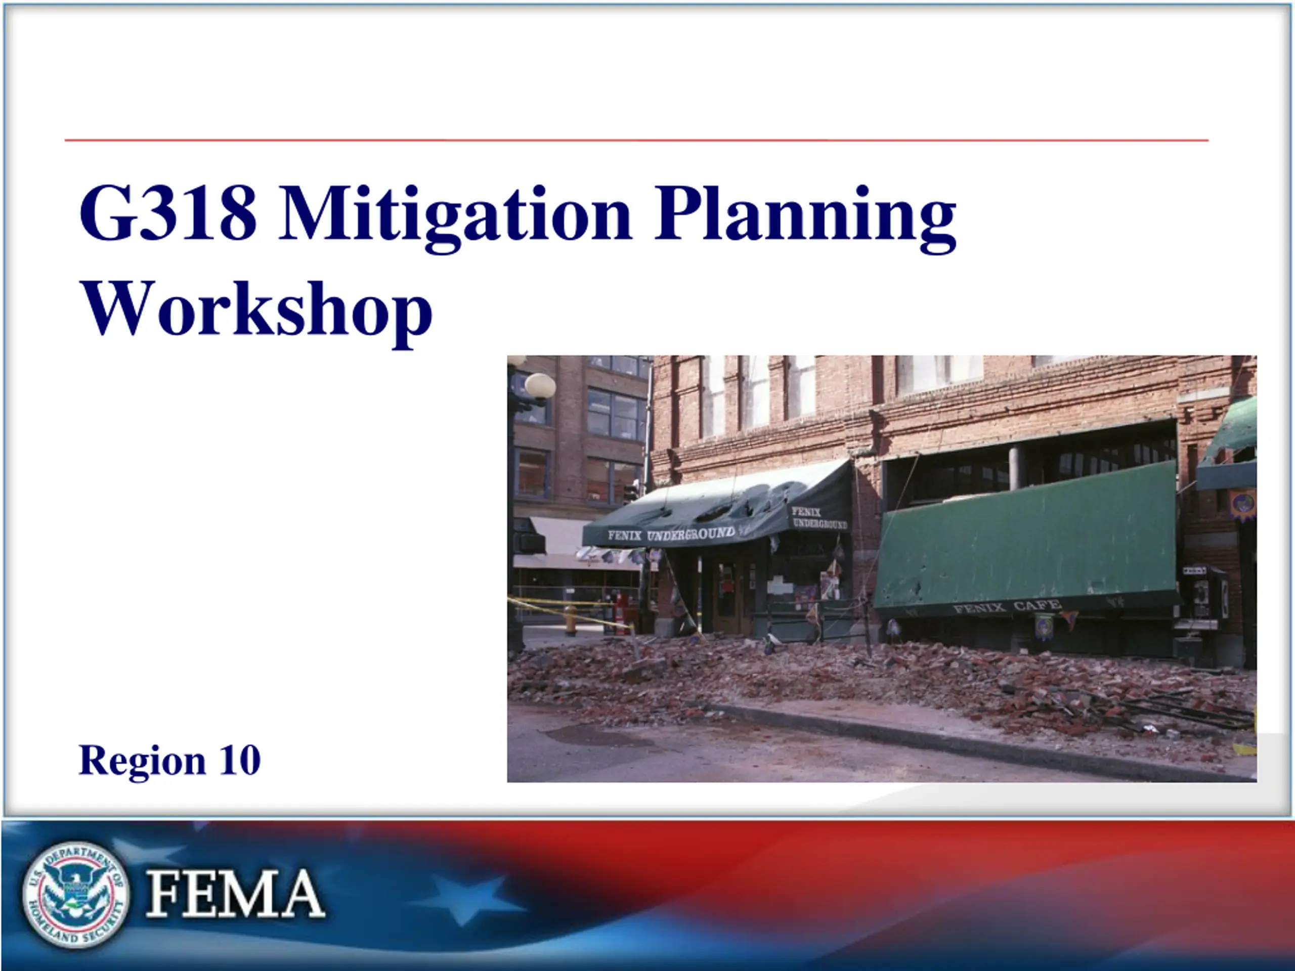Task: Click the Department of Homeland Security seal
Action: (76, 894)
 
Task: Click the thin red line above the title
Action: (636, 141)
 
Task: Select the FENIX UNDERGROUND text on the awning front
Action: (671, 534)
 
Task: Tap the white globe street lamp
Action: (540, 386)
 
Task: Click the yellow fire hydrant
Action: (571, 620)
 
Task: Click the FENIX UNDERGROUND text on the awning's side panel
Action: (819, 518)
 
